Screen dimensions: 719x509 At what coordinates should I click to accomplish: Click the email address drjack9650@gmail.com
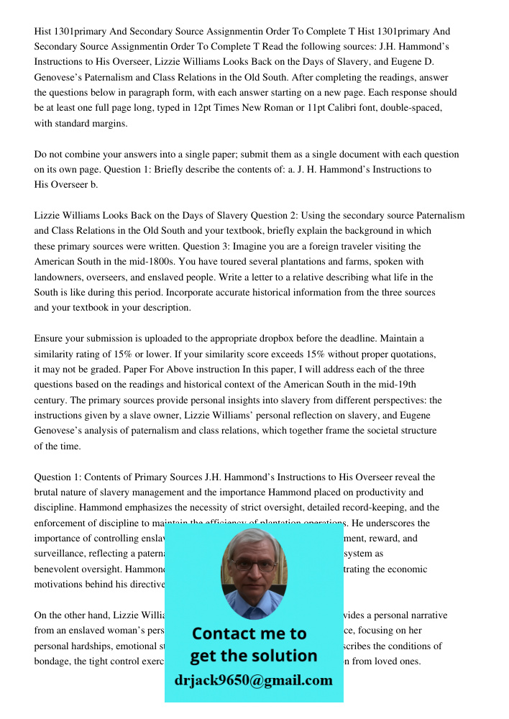click(x=254, y=680)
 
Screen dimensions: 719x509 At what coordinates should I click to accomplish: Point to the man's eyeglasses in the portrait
click(x=254, y=565)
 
